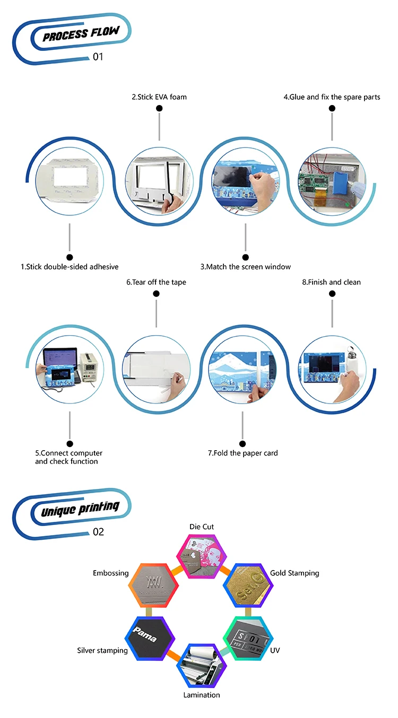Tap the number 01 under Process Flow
point(98,57)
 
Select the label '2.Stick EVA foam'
point(159,97)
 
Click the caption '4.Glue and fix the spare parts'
point(332,97)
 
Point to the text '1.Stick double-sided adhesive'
point(70,267)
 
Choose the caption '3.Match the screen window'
point(245,267)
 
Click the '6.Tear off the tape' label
point(156,282)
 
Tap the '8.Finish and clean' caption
point(331,282)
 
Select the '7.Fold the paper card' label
point(243,453)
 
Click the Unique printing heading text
point(80,509)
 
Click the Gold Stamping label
point(295,573)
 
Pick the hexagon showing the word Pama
point(150,637)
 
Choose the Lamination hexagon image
point(201,666)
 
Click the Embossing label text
point(110,573)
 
